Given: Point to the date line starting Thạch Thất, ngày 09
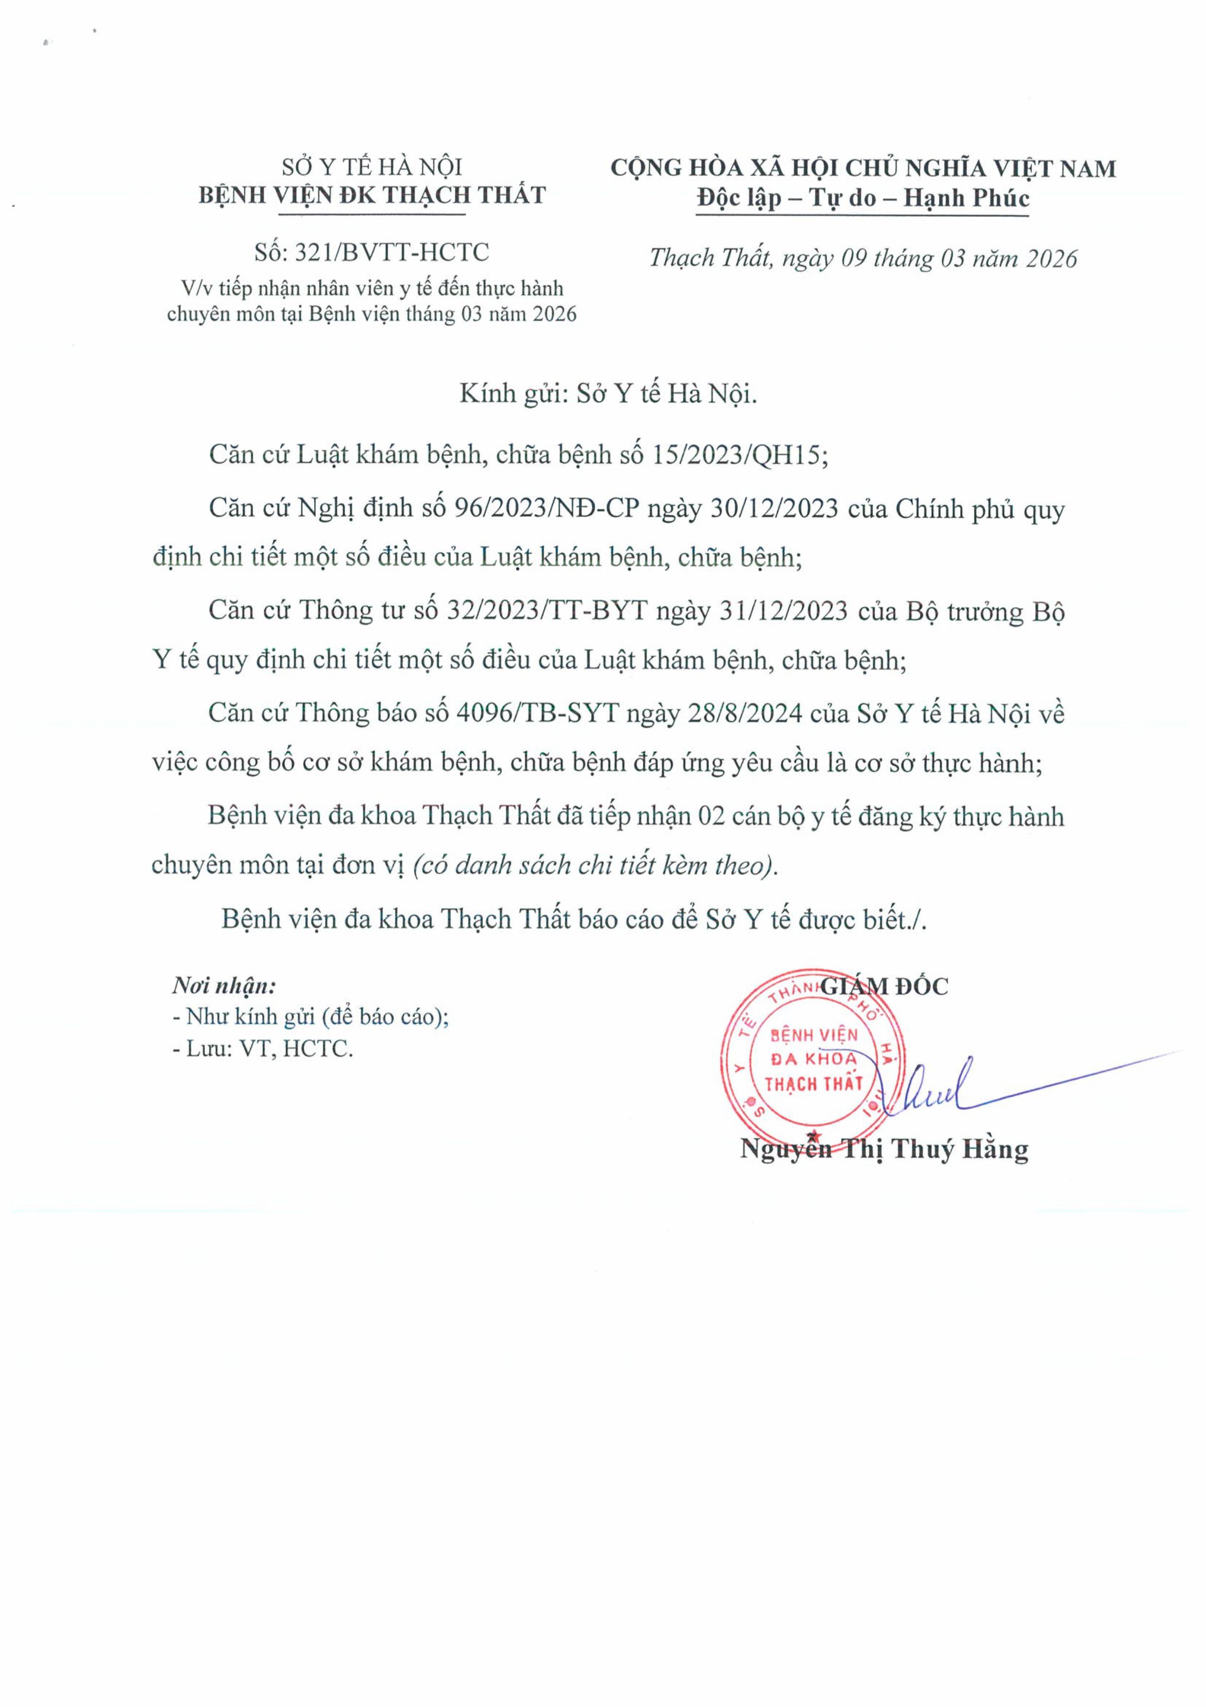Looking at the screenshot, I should (x=862, y=258).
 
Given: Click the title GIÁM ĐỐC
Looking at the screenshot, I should (x=884, y=986).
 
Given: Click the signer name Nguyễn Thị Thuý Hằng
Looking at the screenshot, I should (x=884, y=1149).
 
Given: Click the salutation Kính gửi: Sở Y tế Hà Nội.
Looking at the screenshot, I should (x=608, y=393).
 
